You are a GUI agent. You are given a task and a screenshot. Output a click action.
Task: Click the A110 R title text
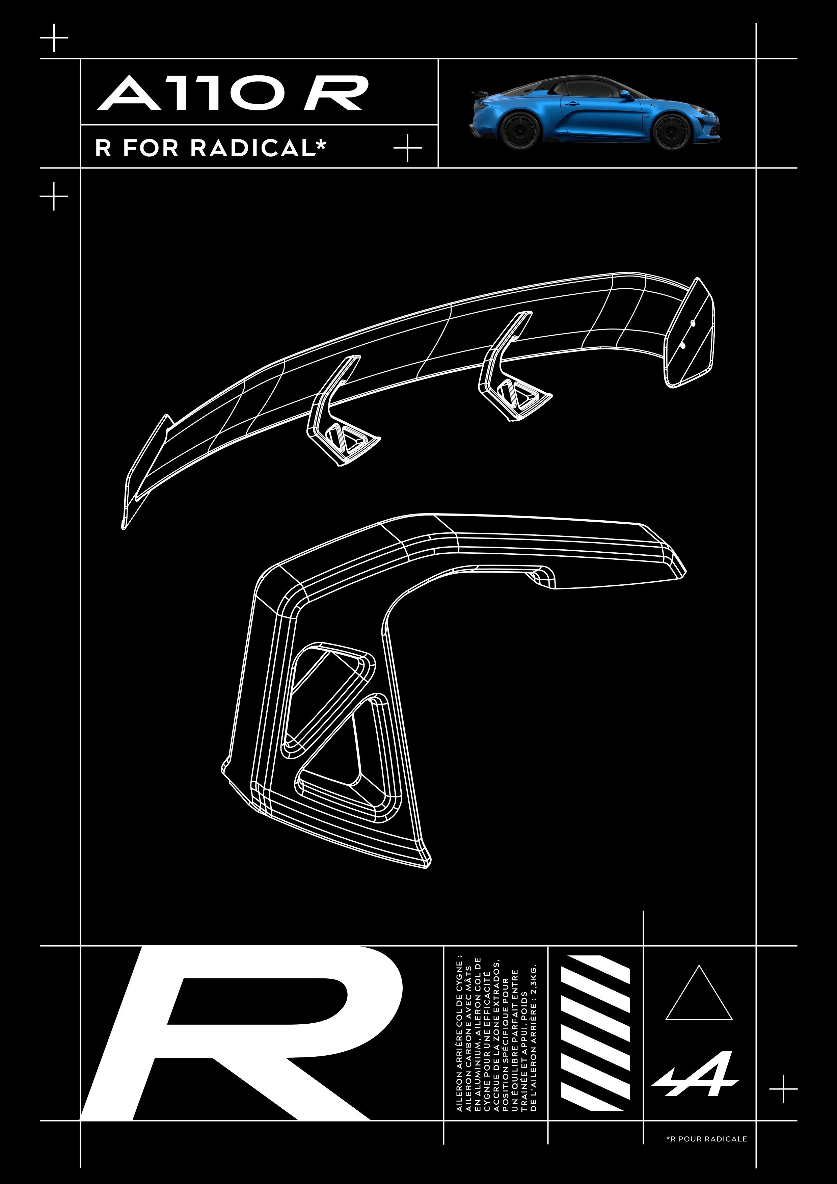233,93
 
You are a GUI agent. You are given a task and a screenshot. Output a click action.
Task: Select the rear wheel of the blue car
520,130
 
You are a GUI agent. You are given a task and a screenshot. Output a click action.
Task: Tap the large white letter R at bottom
242,1033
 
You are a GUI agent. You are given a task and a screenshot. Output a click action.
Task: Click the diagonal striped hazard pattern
595,1032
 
